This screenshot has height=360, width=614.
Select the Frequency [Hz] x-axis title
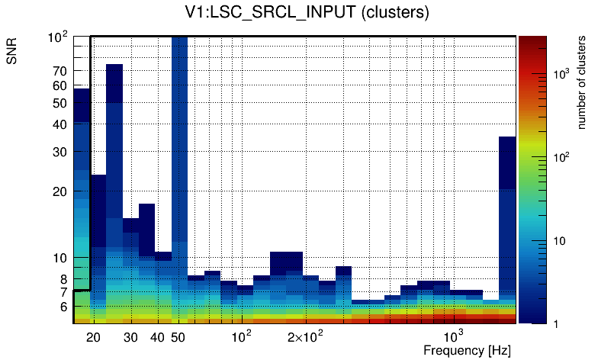466,350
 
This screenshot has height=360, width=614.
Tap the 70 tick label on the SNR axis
60,71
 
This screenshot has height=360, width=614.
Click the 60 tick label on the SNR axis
60,85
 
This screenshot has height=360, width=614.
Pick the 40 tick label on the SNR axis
60,124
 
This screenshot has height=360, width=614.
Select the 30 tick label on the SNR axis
60,152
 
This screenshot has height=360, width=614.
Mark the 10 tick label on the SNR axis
60,258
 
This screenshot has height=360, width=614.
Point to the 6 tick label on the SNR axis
63,307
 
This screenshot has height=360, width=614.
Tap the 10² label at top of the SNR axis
57,37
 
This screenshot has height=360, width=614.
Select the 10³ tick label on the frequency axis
453,337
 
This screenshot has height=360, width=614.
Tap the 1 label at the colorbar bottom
555,324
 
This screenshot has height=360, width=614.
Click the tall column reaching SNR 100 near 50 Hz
179,153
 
